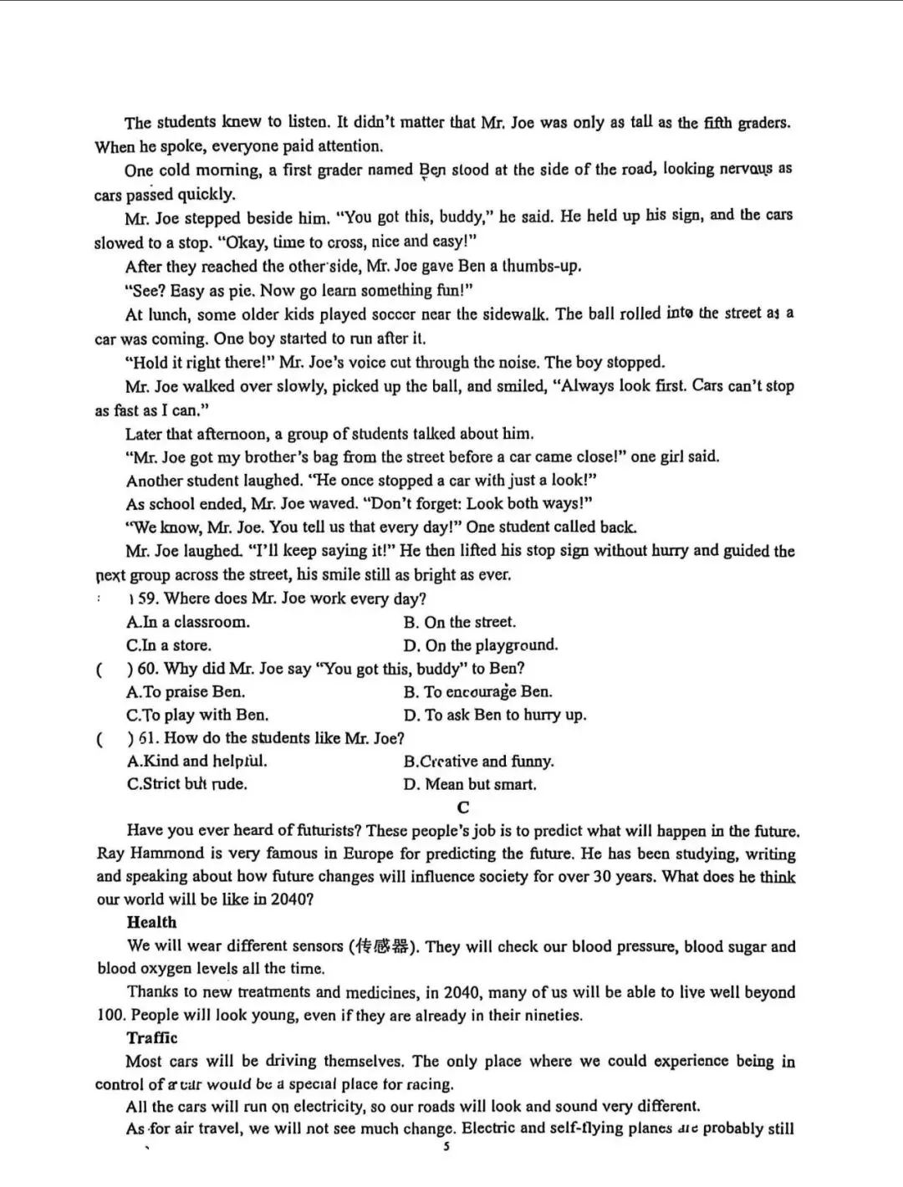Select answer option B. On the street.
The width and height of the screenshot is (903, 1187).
click(459, 622)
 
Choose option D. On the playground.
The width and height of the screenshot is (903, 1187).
click(480, 645)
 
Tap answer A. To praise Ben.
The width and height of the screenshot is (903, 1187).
click(186, 692)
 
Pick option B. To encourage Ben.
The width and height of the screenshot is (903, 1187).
click(477, 692)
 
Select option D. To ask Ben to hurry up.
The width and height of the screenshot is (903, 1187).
click(494, 715)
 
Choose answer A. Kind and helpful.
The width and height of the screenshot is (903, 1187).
click(196, 762)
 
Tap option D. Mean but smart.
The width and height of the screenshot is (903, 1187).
click(470, 784)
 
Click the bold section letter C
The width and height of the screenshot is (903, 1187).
click(463, 807)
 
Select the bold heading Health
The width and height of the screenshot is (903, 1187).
click(151, 923)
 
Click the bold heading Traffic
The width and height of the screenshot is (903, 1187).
click(152, 1038)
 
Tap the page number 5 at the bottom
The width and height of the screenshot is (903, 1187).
click(446, 1147)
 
